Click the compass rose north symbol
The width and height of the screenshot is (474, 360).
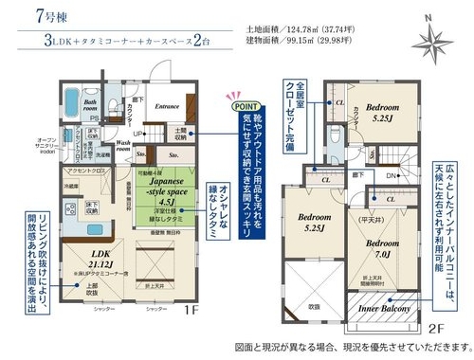point(435,39)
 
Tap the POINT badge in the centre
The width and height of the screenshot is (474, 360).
point(244,108)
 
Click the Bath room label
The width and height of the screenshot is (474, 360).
point(91,105)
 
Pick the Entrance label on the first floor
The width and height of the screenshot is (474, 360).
point(167,106)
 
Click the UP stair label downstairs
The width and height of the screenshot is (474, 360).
point(138,134)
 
